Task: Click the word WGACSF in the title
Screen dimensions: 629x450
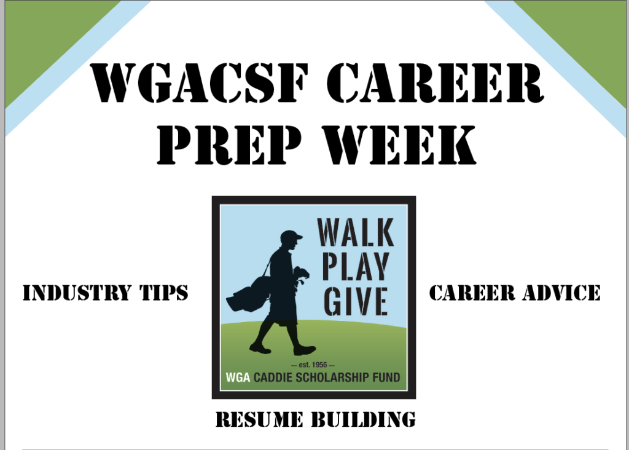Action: [200, 83]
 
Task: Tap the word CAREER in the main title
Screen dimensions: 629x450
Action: [436, 83]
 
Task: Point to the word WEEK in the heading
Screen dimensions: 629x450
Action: [399, 144]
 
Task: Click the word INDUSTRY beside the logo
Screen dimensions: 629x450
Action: [77, 292]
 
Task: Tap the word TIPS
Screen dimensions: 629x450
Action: [164, 292]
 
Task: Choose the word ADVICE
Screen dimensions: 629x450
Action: [561, 292]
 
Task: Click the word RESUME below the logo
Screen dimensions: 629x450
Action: [259, 419]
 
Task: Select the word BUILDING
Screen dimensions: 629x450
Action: [364, 419]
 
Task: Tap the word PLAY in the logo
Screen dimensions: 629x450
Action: [356, 266]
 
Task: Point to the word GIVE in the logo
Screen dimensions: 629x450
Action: [356, 301]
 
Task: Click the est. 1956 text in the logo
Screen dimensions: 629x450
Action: [313, 365]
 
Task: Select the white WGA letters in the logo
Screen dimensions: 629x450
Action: [238, 377]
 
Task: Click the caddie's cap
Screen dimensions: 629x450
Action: [291, 236]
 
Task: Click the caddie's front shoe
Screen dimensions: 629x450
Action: [305, 350]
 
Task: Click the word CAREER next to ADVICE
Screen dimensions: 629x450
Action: [472, 292]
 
